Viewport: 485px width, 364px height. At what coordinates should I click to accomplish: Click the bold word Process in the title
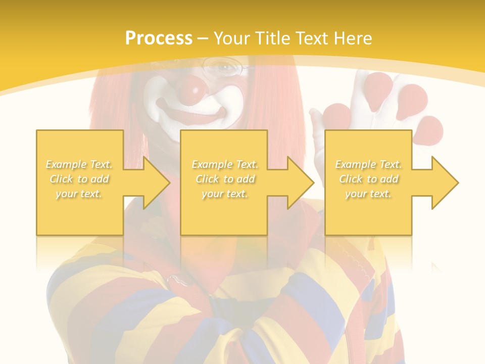tap(159, 38)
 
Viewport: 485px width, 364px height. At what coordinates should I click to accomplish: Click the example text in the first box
tap(79, 179)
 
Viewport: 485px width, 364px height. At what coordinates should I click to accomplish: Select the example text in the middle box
tap(225, 179)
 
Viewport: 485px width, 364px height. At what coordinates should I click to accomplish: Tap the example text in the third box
tap(368, 179)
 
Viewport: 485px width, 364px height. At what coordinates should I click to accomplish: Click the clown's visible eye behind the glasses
tap(222, 66)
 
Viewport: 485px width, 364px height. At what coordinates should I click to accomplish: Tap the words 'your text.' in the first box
tap(79, 194)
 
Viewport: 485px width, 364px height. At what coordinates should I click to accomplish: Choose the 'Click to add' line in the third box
tap(368, 179)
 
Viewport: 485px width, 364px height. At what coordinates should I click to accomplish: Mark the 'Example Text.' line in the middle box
tap(225, 164)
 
